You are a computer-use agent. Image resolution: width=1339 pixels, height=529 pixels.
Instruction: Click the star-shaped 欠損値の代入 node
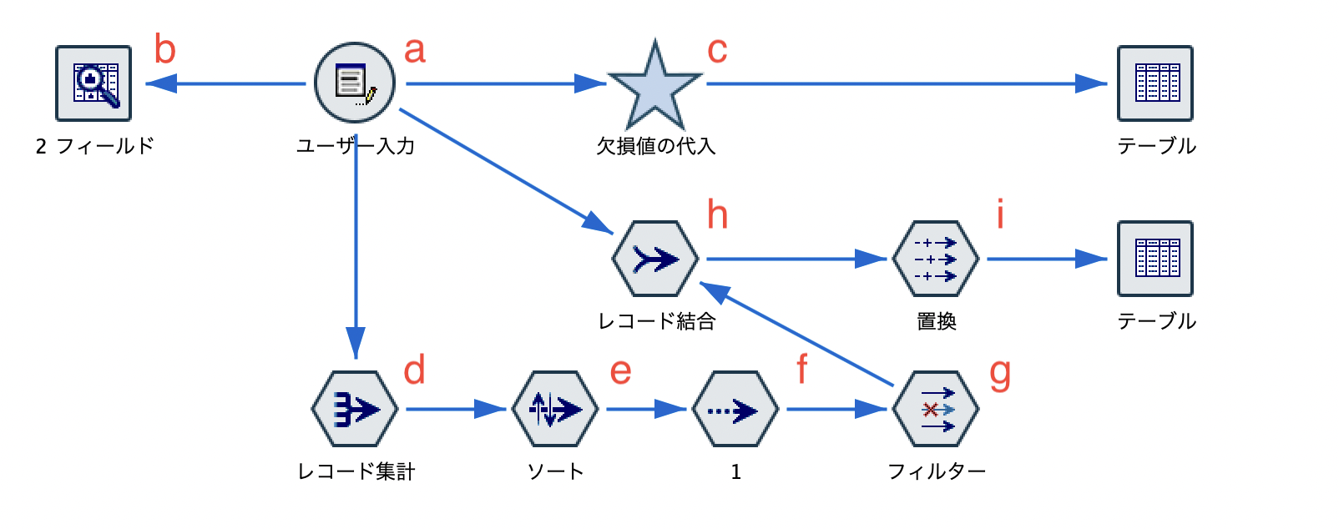(655, 86)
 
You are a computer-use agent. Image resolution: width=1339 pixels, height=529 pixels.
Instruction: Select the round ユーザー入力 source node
(355, 83)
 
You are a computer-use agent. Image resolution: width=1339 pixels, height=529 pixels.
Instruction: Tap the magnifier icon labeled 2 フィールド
(93, 83)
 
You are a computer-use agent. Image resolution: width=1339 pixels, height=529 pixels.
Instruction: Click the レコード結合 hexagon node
(655, 259)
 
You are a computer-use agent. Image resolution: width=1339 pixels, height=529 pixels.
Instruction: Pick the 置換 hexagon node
(935, 259)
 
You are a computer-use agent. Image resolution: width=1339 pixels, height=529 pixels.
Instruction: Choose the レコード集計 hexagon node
(355, 410)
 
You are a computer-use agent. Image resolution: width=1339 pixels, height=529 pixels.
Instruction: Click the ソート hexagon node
(555, 410)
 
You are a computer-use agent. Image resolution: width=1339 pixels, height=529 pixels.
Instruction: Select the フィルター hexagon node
(935, 410)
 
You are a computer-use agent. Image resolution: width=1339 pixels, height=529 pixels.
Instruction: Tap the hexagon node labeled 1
(735, 410)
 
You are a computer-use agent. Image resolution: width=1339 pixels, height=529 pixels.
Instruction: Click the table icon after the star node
(1155, 83)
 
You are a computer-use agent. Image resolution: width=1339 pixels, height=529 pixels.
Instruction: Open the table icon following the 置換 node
(1155, 259)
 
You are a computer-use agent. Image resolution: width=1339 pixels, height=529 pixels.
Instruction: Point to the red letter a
(415, 51)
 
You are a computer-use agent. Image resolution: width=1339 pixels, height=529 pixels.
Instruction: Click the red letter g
(1000, 373)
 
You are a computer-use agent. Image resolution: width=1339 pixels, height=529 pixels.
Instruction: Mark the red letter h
(718, 214)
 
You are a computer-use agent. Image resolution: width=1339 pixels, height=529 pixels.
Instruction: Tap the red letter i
(1000, 214)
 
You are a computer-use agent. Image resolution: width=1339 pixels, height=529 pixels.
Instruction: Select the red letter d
(415, 370)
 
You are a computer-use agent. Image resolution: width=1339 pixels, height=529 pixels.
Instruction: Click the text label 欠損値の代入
(655, 146)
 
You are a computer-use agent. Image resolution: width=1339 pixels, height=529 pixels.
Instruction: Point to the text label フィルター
(937, 471)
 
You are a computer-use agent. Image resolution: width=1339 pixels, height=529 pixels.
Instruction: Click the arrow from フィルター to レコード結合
(797, 335)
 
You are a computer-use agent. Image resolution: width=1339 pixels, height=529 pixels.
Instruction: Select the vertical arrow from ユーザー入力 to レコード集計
(356, 250)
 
